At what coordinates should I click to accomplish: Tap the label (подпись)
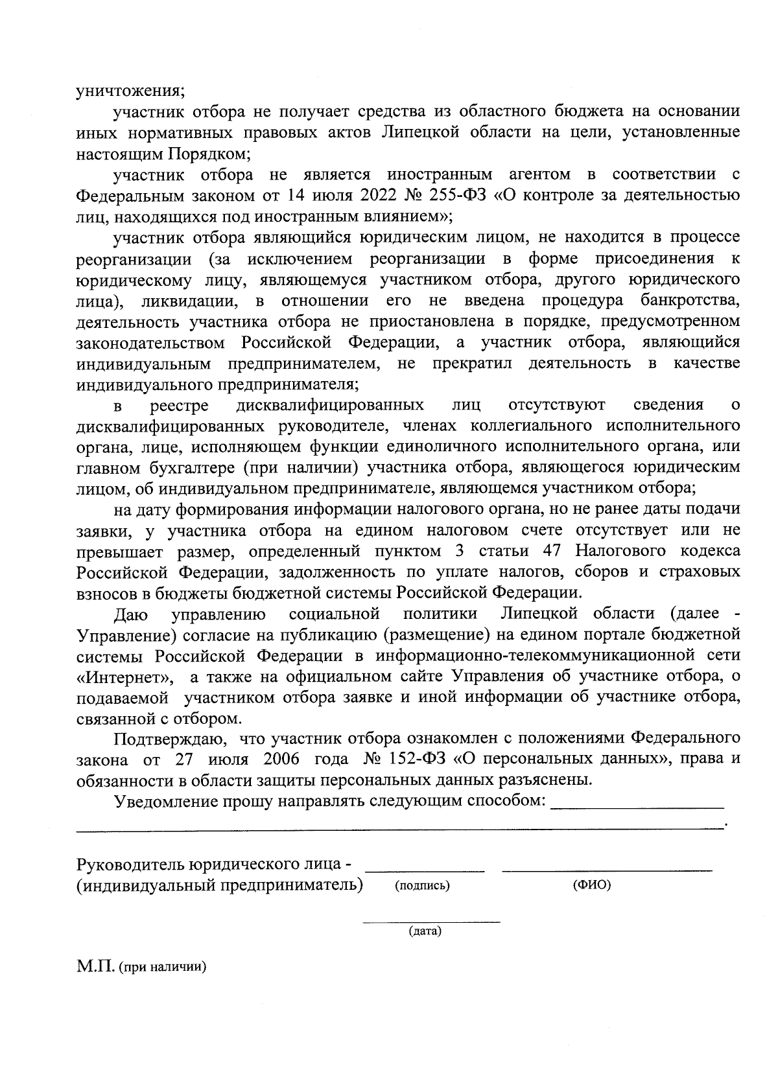tap(422, 886)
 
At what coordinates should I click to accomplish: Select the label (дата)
tap(425, 932)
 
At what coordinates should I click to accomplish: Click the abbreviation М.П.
tap(95, 968)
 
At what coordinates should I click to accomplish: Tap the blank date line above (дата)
tap(431, 921)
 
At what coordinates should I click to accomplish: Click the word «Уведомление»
tap(167, 801)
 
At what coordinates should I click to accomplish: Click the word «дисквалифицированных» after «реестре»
tap(331, 406)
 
